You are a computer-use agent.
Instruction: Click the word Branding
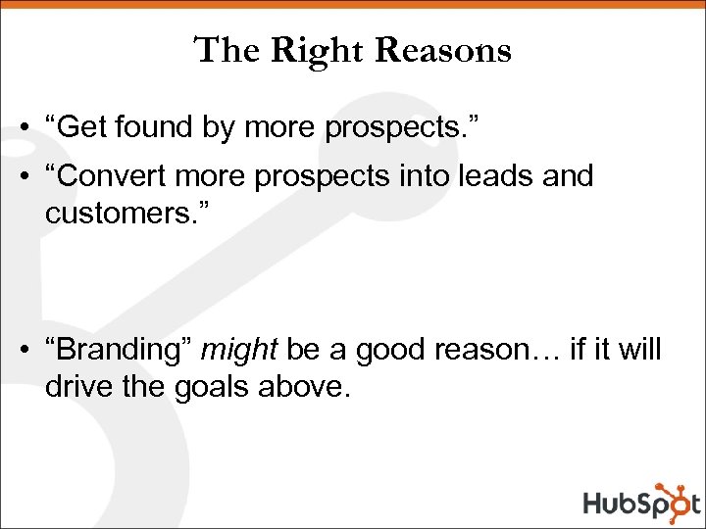[122, 350]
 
